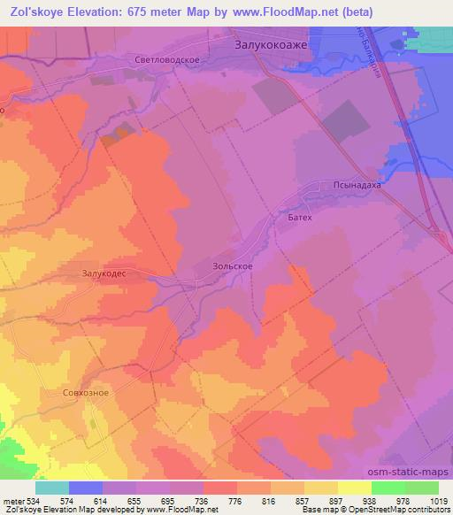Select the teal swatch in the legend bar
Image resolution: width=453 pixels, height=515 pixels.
tap(52, 488)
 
